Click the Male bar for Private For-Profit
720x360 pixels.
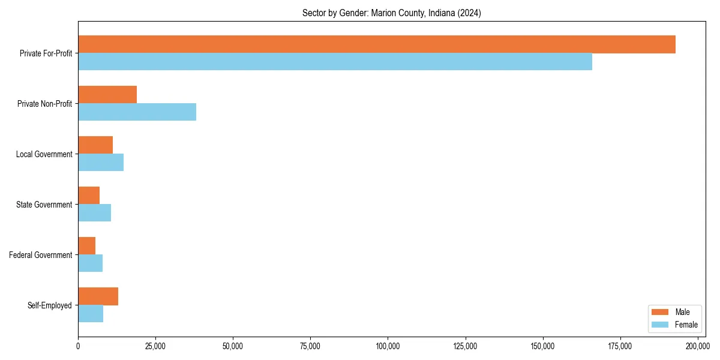(377, 44)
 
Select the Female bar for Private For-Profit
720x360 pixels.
(335, 61)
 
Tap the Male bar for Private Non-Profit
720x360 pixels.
(107, 95)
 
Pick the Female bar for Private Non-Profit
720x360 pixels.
(137, 112)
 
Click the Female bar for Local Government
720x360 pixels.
(101, 162)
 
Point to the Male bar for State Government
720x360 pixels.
(89, 196)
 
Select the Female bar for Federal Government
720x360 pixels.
(90, 263)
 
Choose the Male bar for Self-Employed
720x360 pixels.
(98, 296)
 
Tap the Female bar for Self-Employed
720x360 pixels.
(91, 313)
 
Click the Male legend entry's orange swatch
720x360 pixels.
(659, 312)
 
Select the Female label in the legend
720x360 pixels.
(686, 325)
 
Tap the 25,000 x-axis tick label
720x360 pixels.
(155, 346)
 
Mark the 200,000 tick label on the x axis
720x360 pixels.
(697, 346)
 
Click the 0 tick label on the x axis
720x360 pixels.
(78, 346)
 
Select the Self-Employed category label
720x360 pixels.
(50, 305)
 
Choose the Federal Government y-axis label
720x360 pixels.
(41, 255)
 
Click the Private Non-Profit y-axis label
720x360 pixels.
(44, 104)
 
